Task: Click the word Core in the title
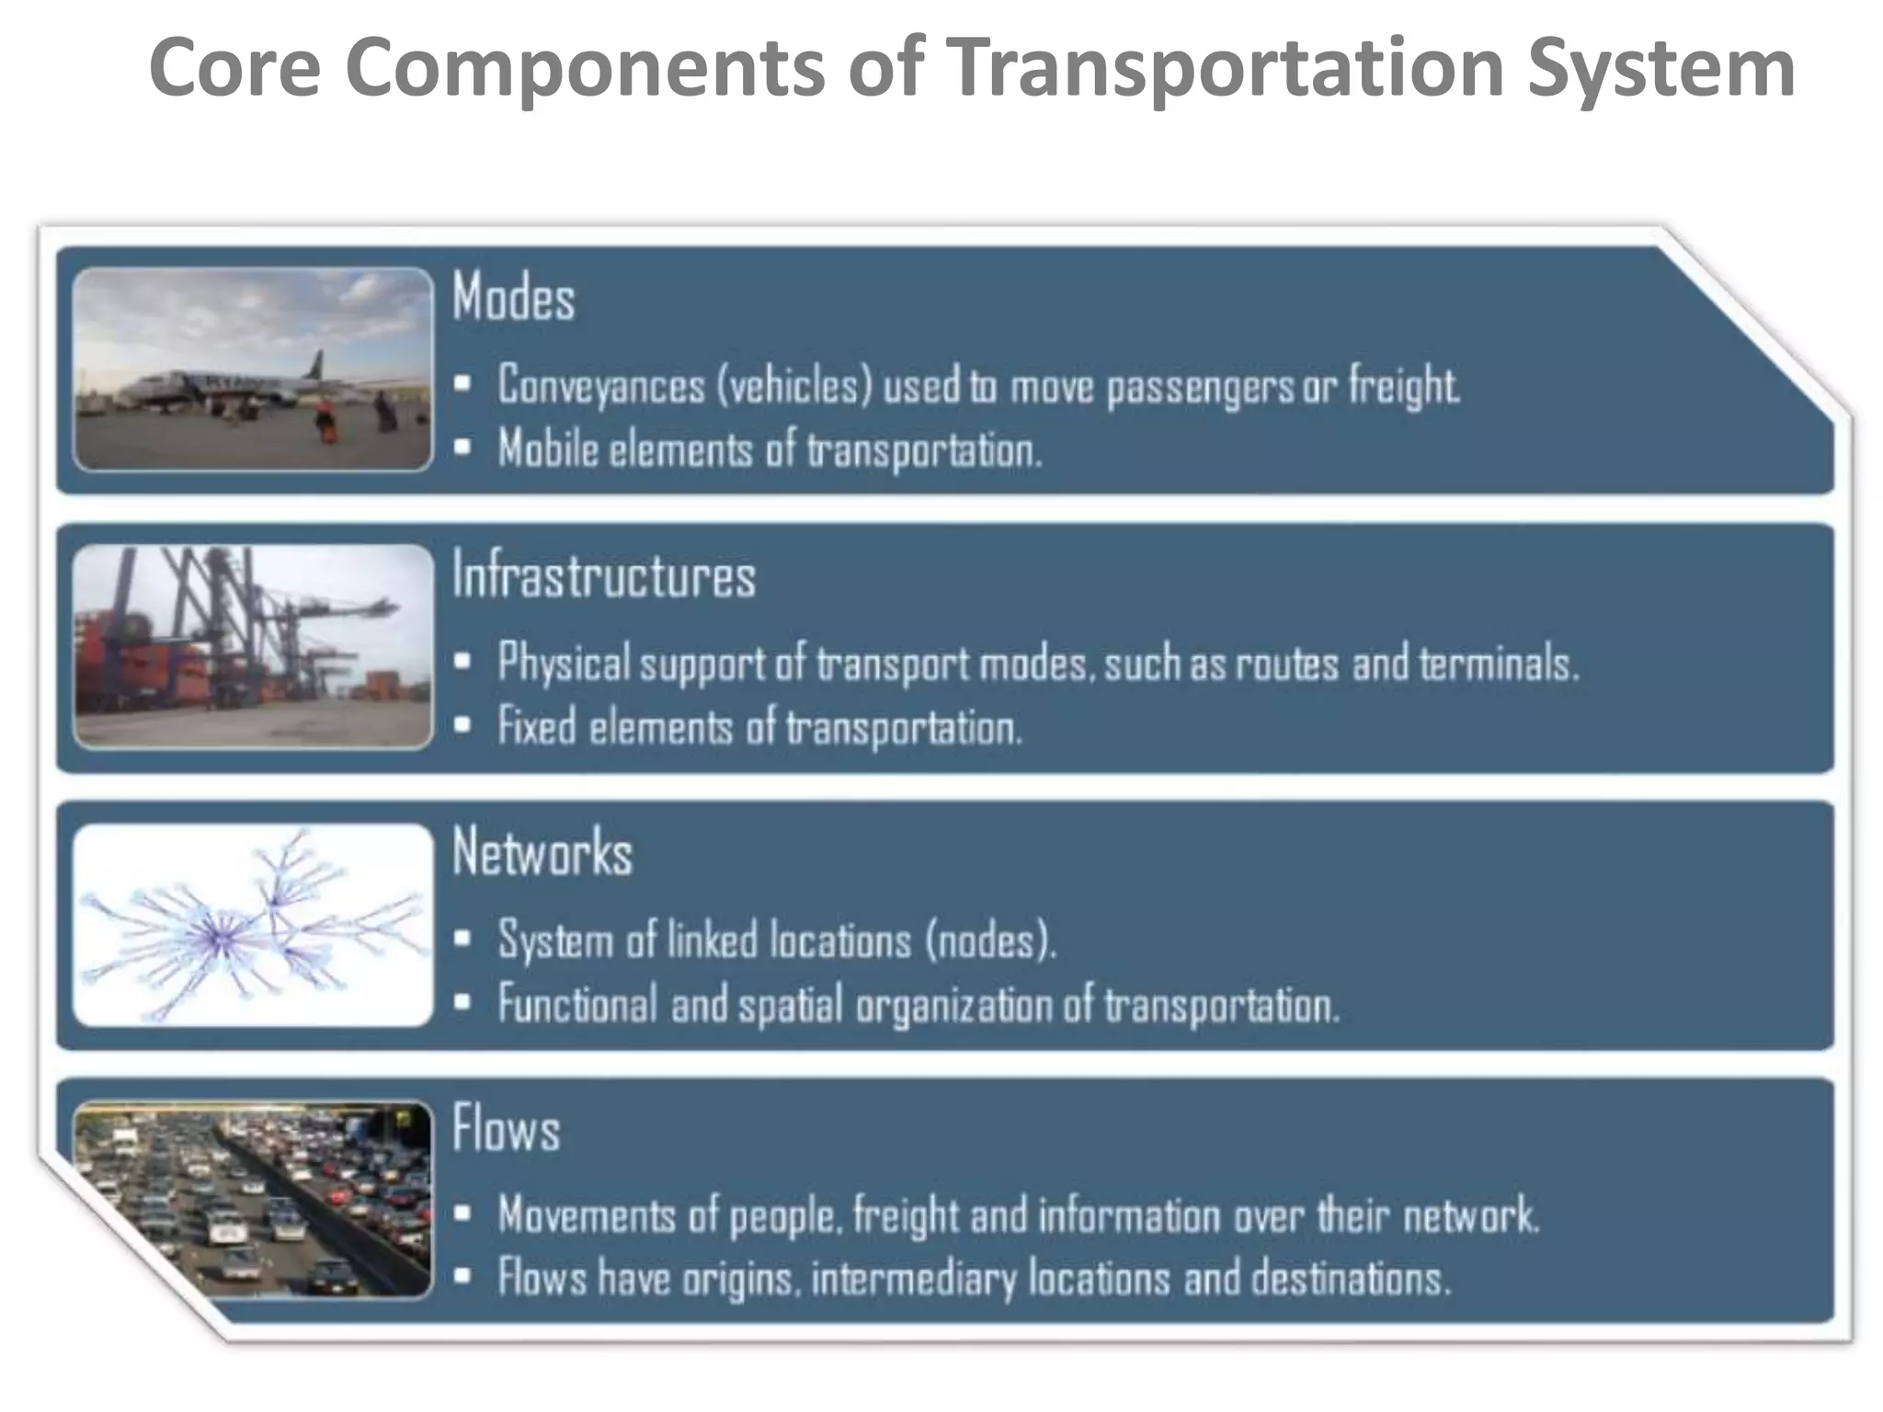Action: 234,68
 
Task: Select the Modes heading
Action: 513,298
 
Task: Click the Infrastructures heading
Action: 603,575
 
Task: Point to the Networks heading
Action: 542,852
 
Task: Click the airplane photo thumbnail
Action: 253,370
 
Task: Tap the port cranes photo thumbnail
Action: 253,646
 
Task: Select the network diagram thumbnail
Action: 253,925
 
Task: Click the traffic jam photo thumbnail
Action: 253,1200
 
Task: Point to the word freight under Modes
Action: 1403,385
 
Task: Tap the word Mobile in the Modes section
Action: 548,450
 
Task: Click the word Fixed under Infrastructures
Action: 537,727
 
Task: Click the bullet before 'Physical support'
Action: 463,661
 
